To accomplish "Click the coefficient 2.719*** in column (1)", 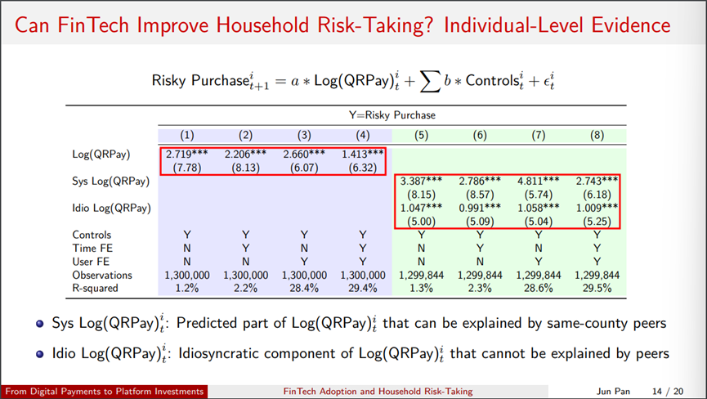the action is (186, 155).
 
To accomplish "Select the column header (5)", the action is (421, 135).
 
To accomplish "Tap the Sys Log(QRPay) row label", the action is (111, 182).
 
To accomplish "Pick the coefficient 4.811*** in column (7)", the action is (539, 182).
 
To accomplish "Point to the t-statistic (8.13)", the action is (245, 168).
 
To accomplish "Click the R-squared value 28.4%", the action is (304, 288).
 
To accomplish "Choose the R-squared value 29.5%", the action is (597, 288).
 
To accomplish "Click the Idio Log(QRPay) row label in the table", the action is (111, 208).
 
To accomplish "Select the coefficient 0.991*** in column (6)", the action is (480, 208).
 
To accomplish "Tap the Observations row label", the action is (102, 275).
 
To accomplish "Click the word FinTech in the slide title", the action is (93, 25).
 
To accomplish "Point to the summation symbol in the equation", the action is (430, 82).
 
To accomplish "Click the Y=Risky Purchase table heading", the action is (392, 115).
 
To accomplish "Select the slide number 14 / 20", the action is (668, 392).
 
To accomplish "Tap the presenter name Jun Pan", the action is (613, 392).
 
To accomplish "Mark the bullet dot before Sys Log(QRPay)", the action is (40, 324).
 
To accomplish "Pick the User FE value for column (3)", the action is (304, 262).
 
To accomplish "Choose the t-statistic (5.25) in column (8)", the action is (597, 222).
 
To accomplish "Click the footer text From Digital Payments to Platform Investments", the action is (105, 392).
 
